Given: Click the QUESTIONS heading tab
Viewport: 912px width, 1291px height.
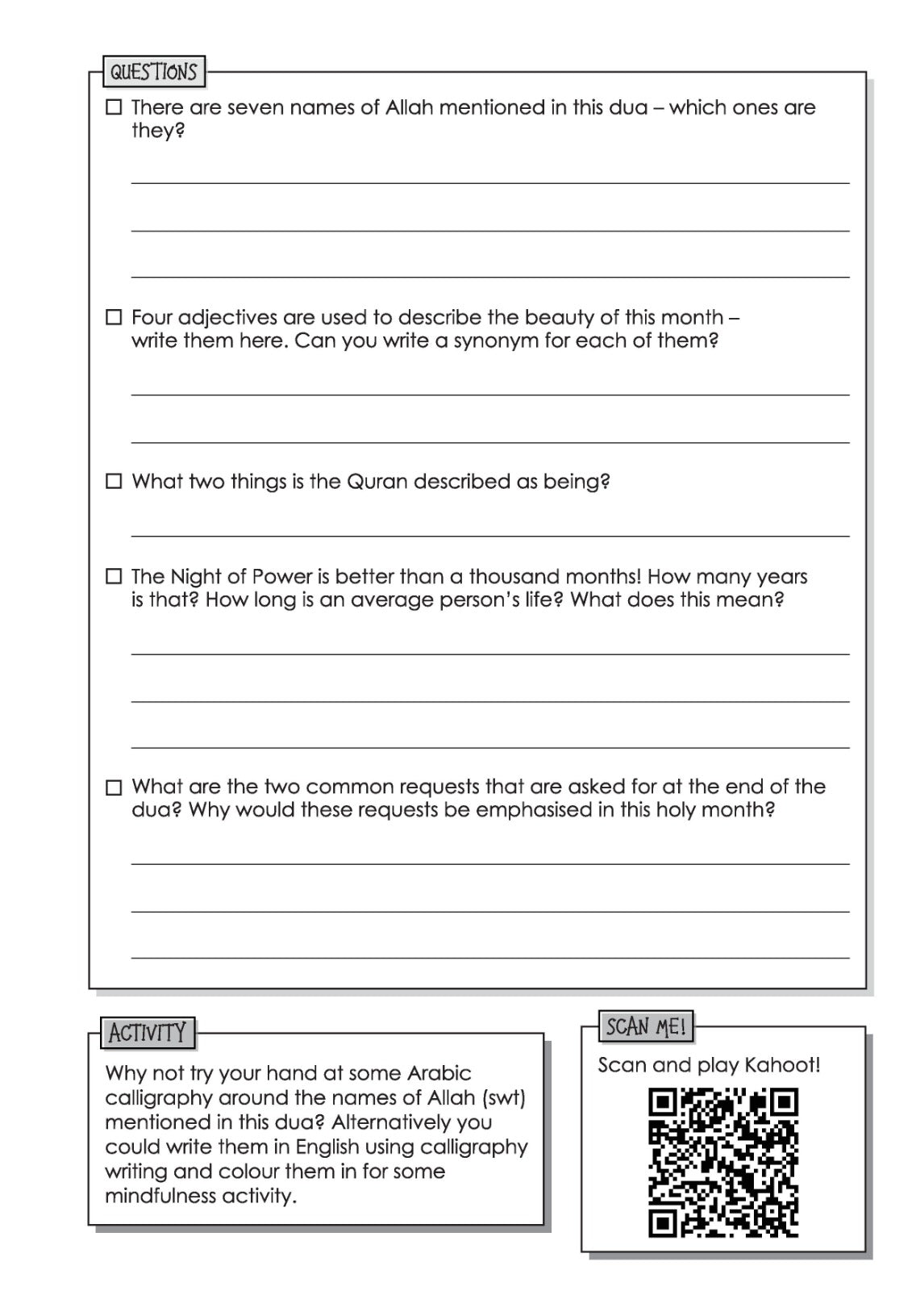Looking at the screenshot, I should pyautogui.click(x=153, y=72).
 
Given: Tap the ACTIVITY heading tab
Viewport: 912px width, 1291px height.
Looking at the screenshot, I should pyautogui.click(x=148, y=1033).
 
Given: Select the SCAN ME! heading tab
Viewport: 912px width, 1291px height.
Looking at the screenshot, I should pyautogui.click(x=646, y=1026).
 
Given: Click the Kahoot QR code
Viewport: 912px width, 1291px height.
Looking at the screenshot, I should pyautogui.click(x=723, y=1163).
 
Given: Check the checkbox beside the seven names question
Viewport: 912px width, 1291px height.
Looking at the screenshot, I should pyautogui.click(x=114, y=107).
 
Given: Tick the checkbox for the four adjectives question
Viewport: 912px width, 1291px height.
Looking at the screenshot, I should pyautogui.click(x=114, y=317).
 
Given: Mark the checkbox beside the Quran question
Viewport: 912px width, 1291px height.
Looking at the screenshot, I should pyautogui.click(x=114, y=482).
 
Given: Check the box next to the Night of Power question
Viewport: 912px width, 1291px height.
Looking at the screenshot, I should pyautogui.click(x=114, y=577).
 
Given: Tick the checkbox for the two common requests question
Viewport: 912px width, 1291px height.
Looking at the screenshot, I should pyautogui.click(x=114, y=787).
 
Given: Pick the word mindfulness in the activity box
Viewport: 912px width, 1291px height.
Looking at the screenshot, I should pyautogui.click(x=156, y=1196).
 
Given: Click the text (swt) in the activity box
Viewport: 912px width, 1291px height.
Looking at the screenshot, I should pyautogui.click(x=503, y=1097).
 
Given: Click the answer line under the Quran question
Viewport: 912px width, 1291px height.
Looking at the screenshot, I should pyautogui.click(x=490, y=535).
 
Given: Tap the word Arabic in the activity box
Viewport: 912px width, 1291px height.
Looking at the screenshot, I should pyautogui.click(x=439, y=1073).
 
